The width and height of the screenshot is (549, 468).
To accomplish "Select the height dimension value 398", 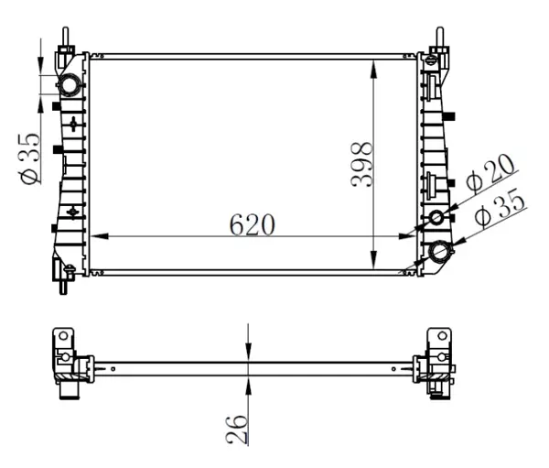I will coord(363,164).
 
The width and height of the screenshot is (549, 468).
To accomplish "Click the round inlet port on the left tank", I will coord(70,88).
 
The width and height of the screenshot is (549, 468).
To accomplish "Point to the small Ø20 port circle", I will coord(437,217).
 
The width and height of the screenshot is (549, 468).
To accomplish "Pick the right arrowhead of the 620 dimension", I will coord(413,236).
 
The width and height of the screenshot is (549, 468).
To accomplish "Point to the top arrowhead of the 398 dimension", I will coord(374,65).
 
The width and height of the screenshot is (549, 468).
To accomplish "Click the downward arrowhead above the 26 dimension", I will coord(248,352).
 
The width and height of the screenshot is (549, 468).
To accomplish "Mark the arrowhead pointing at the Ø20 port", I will coord(450,212).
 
